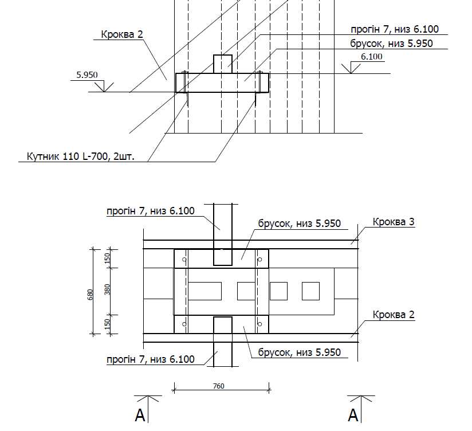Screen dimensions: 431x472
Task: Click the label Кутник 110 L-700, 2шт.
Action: [x=80, y=156]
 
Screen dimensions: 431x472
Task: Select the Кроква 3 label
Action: [x=393, y=222]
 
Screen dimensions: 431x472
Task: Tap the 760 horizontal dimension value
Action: [x=218, y=386]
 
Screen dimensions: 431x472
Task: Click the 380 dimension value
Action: [x=107, y=289]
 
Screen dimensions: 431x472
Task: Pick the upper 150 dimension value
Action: [x=107, y=258]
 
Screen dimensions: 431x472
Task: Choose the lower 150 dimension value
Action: [x=107, y=324]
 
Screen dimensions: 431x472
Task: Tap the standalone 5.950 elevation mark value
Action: [x=86, y=75]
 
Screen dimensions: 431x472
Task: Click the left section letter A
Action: [x=140, y=416]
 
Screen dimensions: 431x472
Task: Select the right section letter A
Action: [x=354, y=416]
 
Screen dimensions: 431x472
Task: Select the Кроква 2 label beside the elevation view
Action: [x=121, y=34]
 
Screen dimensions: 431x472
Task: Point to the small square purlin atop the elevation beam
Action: [x=223, y=64]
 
